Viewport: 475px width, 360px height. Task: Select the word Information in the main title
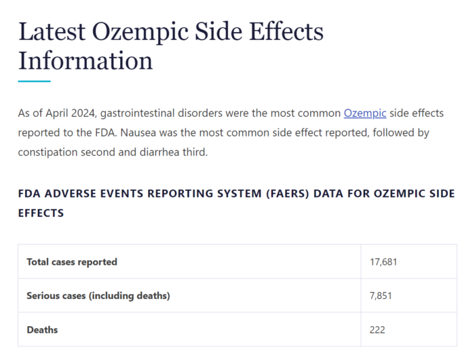(x=85, y=61)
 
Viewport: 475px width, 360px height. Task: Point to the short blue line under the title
(x=34, y=82)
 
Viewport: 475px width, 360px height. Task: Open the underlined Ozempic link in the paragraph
(x=365, y=113)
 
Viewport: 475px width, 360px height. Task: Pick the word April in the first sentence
(x=60, y=113)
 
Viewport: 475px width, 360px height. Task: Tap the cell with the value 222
(x=378, y=329)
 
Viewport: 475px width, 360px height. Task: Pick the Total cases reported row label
(x=72, y=262)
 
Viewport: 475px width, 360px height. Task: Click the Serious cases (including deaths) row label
(x=98, y=295)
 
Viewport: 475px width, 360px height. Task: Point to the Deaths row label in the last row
(x=42, y=329)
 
